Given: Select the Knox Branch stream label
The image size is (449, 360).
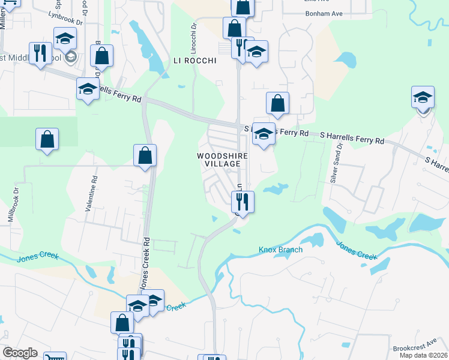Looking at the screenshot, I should (x=280, y=250).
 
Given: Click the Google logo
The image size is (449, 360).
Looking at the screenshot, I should (x=20, y=353).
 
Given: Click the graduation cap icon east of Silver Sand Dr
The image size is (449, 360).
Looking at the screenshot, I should (x=423, y=98).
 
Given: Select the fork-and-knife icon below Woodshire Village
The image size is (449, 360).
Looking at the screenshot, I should (x=243, y=201).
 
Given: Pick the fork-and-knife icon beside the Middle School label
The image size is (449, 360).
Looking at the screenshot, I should (x=40, y=53).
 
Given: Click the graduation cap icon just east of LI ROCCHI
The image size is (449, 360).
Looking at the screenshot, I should (x=256, y=52).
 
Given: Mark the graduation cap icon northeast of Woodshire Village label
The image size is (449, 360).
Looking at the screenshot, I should (x=262, y=134).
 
